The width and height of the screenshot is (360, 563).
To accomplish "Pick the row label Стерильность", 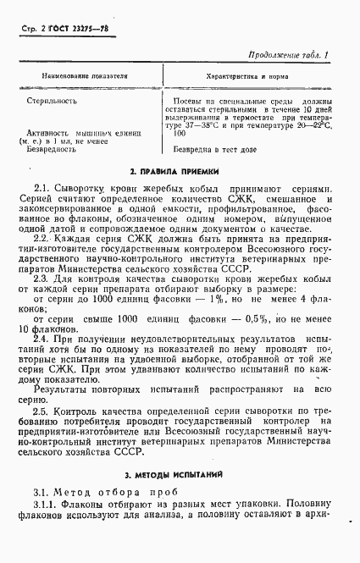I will (51, 101).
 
